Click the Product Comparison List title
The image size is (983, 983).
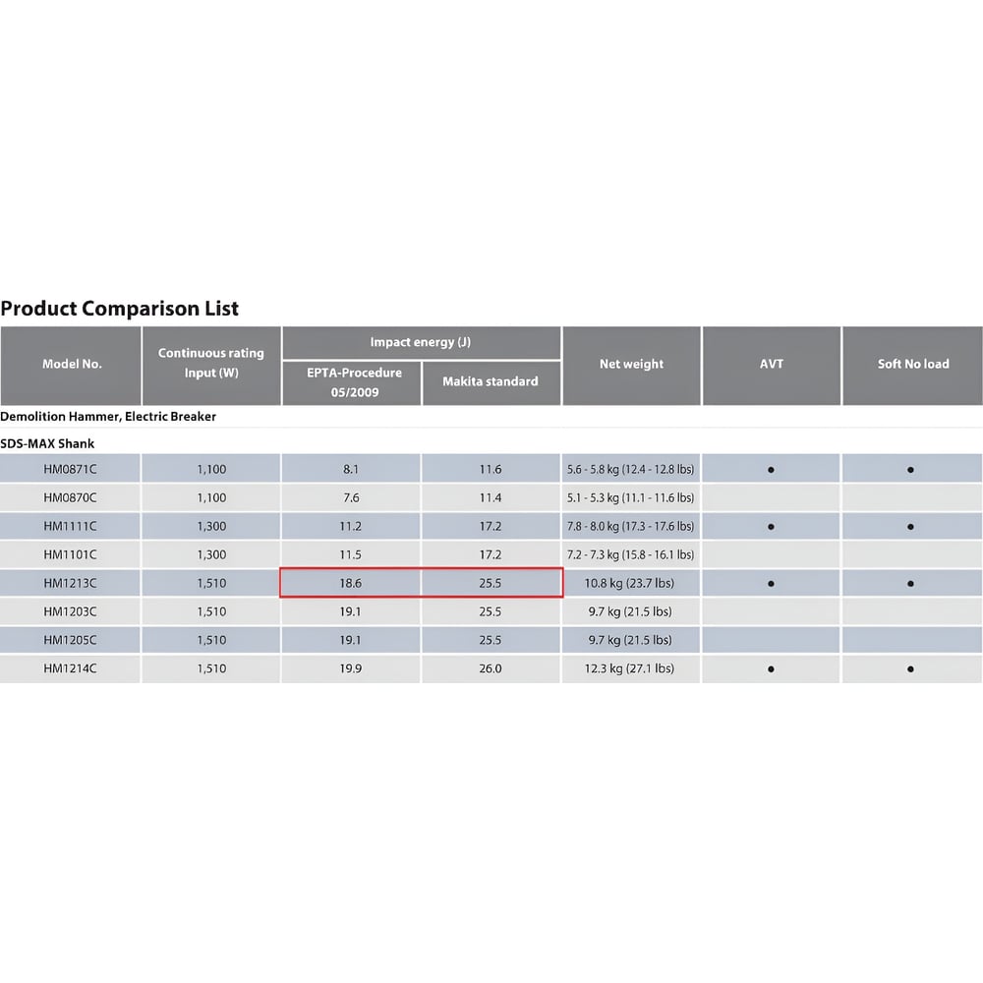point(119,309)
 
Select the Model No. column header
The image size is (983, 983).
point(72,364)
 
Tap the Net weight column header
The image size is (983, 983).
point(631,364)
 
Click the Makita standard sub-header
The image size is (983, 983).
point(491,381)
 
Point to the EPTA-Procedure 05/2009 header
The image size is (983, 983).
point(354,381)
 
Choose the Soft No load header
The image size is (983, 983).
point(913,364)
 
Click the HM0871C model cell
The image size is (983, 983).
point(70,469)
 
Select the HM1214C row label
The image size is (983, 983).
point(70,668)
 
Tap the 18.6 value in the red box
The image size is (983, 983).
point(351,583)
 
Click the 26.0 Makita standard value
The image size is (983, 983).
point(491,668)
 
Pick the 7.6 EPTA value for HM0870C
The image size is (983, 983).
point(351,497)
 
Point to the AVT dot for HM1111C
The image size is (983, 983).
point(771,527)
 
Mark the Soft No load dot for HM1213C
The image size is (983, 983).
point(910,584)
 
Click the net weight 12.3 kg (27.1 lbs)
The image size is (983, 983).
point(629,668)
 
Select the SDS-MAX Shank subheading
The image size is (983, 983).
point(47,444)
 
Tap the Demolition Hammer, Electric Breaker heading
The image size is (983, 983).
point(108,416)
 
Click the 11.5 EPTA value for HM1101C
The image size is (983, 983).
point(351,554)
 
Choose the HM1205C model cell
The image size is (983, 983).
point(70,640)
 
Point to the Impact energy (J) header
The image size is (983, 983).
point(420,342)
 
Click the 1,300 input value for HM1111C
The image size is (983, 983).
point(211,526)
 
